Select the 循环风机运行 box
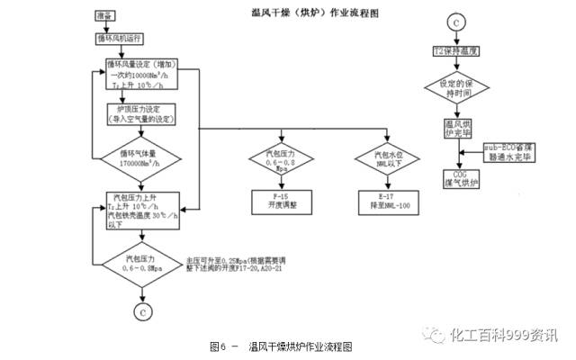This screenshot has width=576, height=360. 121,40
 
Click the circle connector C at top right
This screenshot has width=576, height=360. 455,20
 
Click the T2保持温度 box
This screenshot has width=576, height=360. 455,54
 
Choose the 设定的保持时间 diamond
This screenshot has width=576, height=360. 455,91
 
